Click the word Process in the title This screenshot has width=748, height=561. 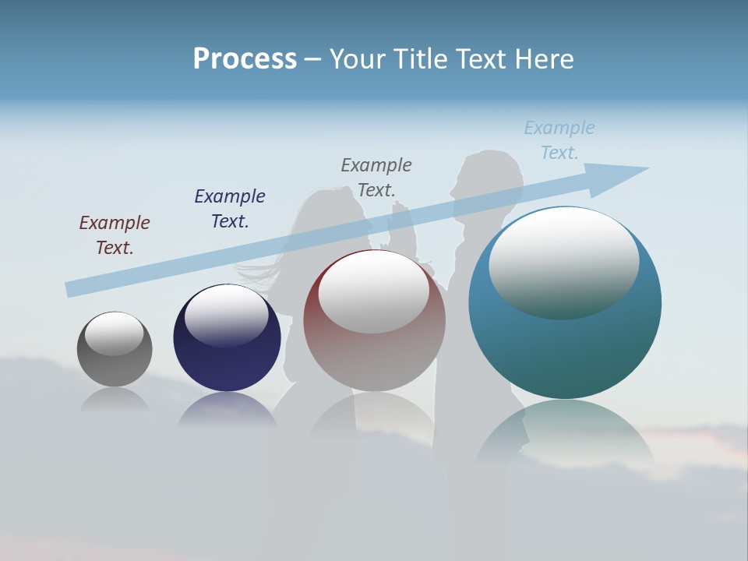click(x=245, y=59)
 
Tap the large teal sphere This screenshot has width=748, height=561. click(x=565, y=351)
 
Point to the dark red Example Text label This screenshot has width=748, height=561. click(x=115, y=235)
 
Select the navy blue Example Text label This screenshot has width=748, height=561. click(x=230, y=208)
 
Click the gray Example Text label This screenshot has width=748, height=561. click(x=376, y=177)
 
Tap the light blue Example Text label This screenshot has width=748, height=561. click(x=559, y=139)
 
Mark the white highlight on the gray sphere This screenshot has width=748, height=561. click(x=115, y=333)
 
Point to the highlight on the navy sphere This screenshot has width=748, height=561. click(x=226, y=316)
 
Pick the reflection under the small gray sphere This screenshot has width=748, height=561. click(x=115, y=399)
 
